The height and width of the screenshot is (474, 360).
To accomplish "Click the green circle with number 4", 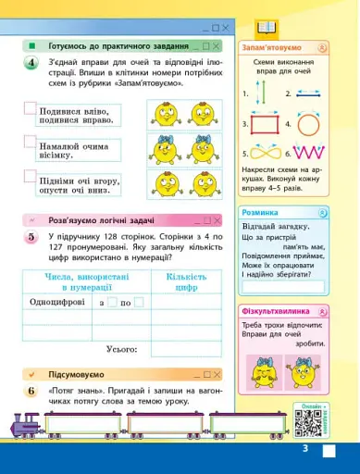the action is [x=31, y=63].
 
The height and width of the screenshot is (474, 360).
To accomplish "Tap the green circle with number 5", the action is [x=31, y=238].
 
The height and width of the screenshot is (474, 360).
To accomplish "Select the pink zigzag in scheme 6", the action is [x=308, y=153].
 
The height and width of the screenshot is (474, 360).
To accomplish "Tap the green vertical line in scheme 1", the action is [x=262, y=94].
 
